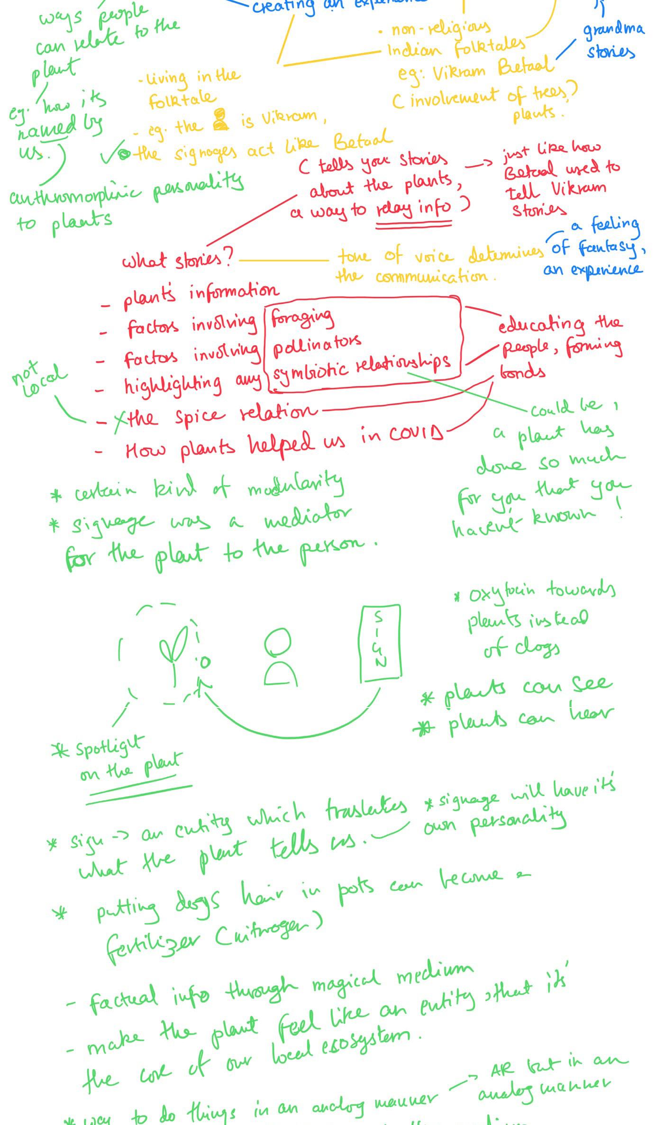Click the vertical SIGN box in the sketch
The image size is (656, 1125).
[380, 643]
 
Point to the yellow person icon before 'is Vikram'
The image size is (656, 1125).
[220, 119]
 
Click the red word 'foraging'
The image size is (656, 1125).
[302, 318]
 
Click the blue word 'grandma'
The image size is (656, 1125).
[613, 29]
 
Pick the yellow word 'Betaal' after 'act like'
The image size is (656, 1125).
[363, 140]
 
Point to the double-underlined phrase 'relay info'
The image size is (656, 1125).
[413, 208]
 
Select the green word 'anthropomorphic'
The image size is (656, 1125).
[75, 195]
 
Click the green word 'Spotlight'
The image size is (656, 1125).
[109, 746]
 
